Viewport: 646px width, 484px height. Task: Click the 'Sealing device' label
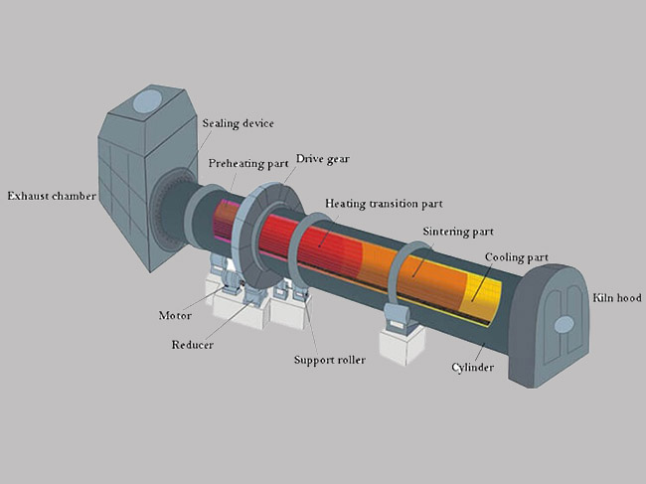coord(238,123)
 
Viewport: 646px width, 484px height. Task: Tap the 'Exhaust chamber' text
coord(52,196)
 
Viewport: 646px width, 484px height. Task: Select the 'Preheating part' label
coord(248,164)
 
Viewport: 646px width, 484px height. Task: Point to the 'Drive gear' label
coord(323,159)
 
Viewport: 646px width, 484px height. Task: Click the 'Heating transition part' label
coord(384,204)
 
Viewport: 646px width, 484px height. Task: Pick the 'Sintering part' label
coord(458,232)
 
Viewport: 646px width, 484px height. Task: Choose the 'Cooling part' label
coord(517,257)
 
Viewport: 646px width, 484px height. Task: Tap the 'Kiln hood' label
coord(617,297)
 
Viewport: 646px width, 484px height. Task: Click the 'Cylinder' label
coord(472,367)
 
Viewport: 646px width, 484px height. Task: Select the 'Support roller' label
coord(330,360)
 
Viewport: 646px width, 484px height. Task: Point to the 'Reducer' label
coord(193,344)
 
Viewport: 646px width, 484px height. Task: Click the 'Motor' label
coord(175,315)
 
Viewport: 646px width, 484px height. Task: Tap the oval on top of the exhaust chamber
coord(147,101)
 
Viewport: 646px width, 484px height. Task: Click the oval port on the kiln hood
coord(565,325)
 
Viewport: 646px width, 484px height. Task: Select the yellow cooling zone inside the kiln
coord(482,297)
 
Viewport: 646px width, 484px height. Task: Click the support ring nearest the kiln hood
coord(396,267)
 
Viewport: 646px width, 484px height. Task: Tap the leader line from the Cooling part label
coord(481,283)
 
